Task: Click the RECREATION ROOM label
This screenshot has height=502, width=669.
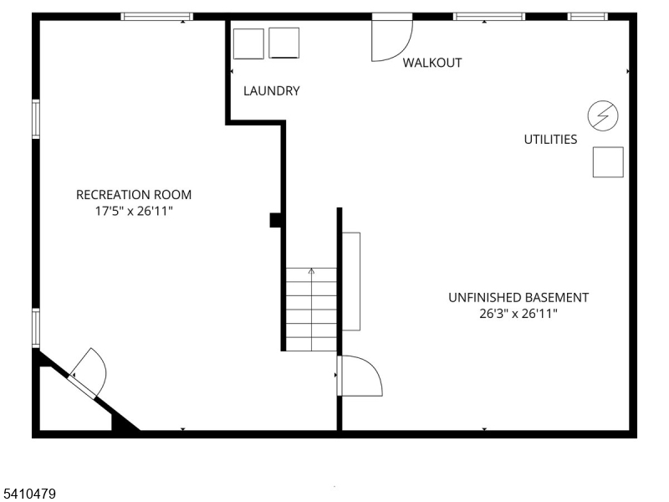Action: pyautogui.click(x=134, y=195)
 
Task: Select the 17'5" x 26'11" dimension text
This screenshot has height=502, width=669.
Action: pyautogui.click(x=134, y=212)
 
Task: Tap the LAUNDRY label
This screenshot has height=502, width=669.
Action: pyautogui.click(x=271, y=91)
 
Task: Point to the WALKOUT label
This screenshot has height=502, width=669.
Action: pyautogui.click(x=432, y=63)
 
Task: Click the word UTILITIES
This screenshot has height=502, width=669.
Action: pyautogui.click(x=550, y=140)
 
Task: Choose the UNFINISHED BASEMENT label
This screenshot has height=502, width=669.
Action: pyautogui.click(x=518, y=297)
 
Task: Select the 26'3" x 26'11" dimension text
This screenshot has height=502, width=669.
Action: pyautogui.click(x=518, y=315)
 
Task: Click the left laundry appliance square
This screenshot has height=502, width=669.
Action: pyautogui.click(x=248, y=44)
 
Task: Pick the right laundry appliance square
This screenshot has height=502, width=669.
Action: pyautogui.click(x=284, y=44)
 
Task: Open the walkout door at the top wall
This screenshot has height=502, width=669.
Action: pyautogui.click(x=391, y=38)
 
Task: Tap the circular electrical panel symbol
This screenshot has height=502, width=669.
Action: pyautogui.click(x=604, y=116)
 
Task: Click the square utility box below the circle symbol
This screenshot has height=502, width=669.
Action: pyautogui.click(x=608, y=161)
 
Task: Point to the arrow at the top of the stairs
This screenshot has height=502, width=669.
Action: pyautogui.click(x=311, y=271)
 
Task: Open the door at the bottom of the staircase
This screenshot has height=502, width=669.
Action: pyautogui.click(x=360, y=376)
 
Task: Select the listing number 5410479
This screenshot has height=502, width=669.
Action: pyautogui.click(x=28, y=494)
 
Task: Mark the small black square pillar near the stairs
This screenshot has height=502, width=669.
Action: pyautogui.click(x=275, y=220)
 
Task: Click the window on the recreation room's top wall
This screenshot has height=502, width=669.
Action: pyautogui.click(x=156, y=17)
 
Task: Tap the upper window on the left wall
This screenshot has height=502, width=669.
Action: pyautogui.click(x=36, y=119)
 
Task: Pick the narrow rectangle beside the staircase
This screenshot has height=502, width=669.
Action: pyautogui.click(x=351, y=281)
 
